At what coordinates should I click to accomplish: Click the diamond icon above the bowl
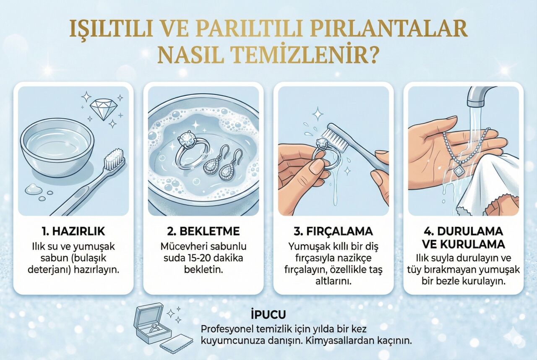pos(104,109)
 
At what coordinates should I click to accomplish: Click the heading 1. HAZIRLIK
pos(73,232)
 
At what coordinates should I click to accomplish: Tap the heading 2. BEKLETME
pos(203,232)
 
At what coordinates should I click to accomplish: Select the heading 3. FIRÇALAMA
pos(333,232)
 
